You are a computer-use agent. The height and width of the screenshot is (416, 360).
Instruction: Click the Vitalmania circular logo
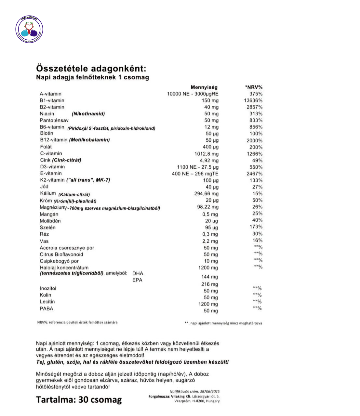(x=29, y=30)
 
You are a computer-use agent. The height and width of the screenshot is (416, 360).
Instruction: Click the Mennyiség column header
(x=204, y=87)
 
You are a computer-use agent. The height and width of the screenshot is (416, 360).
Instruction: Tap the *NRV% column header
(x=254, y=87)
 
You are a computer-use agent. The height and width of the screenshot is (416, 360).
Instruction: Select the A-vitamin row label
(x=50, y=94)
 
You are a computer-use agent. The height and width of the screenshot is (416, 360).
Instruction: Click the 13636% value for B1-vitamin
(x=253, y=100)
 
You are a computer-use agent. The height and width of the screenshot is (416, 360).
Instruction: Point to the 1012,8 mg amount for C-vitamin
(x=207, y=154)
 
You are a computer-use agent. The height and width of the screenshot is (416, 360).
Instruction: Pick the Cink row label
(x=45, y=160)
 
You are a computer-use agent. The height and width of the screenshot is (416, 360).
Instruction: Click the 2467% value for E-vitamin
(x=254, y=174)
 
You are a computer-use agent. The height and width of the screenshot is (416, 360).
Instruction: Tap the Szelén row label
(x=47, y=227)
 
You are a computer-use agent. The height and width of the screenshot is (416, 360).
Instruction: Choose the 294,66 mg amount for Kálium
(x=207, y=194)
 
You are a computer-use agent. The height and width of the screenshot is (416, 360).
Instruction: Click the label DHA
(x=138, y=273)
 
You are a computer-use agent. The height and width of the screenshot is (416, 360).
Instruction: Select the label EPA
(x=137, y=280)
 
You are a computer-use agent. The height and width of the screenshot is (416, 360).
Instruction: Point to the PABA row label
(x=46, y=308)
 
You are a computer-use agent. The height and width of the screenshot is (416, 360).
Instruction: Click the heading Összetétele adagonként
(x=91, y=68)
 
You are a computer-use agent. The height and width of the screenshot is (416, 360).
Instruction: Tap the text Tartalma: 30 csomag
(x=79, y=399)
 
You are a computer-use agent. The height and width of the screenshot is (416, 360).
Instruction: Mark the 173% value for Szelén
(x=256, y=227)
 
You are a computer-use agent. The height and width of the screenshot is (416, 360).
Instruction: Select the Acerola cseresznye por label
(x=67, y=248)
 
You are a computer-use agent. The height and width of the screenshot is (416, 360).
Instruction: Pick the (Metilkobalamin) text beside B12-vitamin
(x=89, y=140)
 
